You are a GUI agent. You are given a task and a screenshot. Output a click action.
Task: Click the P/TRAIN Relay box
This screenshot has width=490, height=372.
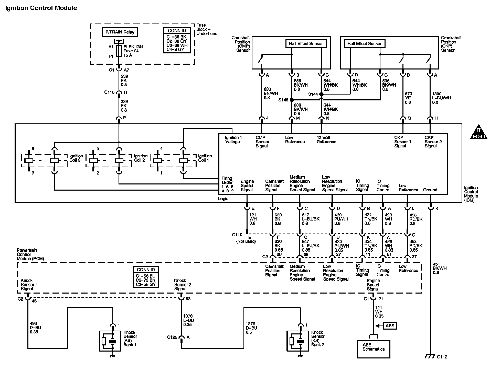point(120,32)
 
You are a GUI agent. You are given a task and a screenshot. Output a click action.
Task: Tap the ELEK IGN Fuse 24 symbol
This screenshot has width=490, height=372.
point(119,51)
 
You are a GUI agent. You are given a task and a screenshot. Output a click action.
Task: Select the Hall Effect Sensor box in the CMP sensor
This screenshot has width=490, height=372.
point(306,44)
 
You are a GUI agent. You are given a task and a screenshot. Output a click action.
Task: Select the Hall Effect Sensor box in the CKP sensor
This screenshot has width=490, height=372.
point(365,44)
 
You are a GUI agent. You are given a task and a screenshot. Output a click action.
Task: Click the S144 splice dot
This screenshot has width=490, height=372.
point(321,94)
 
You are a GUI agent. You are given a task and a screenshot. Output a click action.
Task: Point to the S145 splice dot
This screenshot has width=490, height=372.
point(292,100)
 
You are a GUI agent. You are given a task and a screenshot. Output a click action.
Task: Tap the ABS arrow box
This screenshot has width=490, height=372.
point(390,326)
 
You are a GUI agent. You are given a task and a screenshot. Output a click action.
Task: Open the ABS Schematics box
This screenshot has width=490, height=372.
point(374,349)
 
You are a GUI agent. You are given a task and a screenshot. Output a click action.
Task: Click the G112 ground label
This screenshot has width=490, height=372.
point(442,357)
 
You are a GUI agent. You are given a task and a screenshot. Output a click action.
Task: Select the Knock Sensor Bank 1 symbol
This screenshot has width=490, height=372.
point(110,341)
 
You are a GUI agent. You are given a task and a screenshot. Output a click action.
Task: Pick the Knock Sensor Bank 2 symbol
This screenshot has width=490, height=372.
point(297,341)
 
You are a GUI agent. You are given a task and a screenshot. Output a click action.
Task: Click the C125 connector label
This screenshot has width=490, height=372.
point(172,337)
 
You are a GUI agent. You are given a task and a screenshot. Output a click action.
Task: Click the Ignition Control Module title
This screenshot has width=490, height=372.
point(41,8)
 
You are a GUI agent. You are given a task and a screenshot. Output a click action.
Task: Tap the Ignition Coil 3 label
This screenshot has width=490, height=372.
point(76,158)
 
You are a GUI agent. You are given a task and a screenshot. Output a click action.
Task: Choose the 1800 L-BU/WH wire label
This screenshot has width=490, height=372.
point(441,98)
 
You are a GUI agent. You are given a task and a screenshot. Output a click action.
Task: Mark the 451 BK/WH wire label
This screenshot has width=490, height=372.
point(439,268)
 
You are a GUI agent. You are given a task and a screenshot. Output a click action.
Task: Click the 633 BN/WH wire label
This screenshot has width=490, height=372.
point(271,94)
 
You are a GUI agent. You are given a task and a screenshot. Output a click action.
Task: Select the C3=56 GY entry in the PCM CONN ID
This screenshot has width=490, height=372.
point(146,284)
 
